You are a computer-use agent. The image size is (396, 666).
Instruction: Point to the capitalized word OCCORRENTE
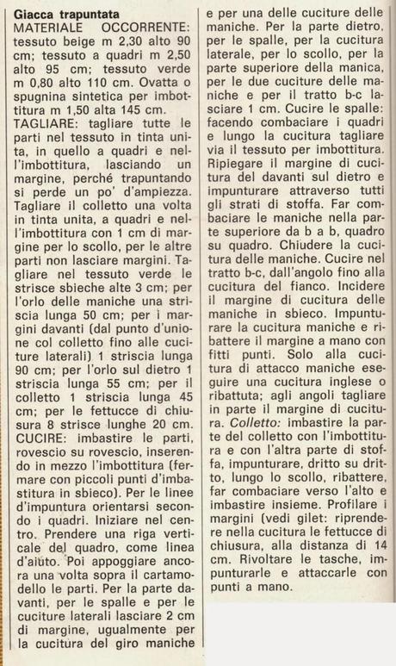click(x=144, y=29)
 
